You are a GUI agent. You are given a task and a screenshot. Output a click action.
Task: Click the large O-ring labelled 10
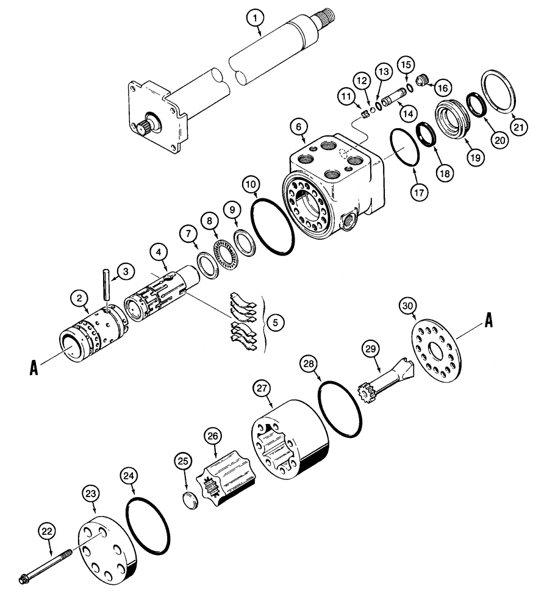273,226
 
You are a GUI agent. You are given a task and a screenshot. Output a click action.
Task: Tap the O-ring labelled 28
340,411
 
